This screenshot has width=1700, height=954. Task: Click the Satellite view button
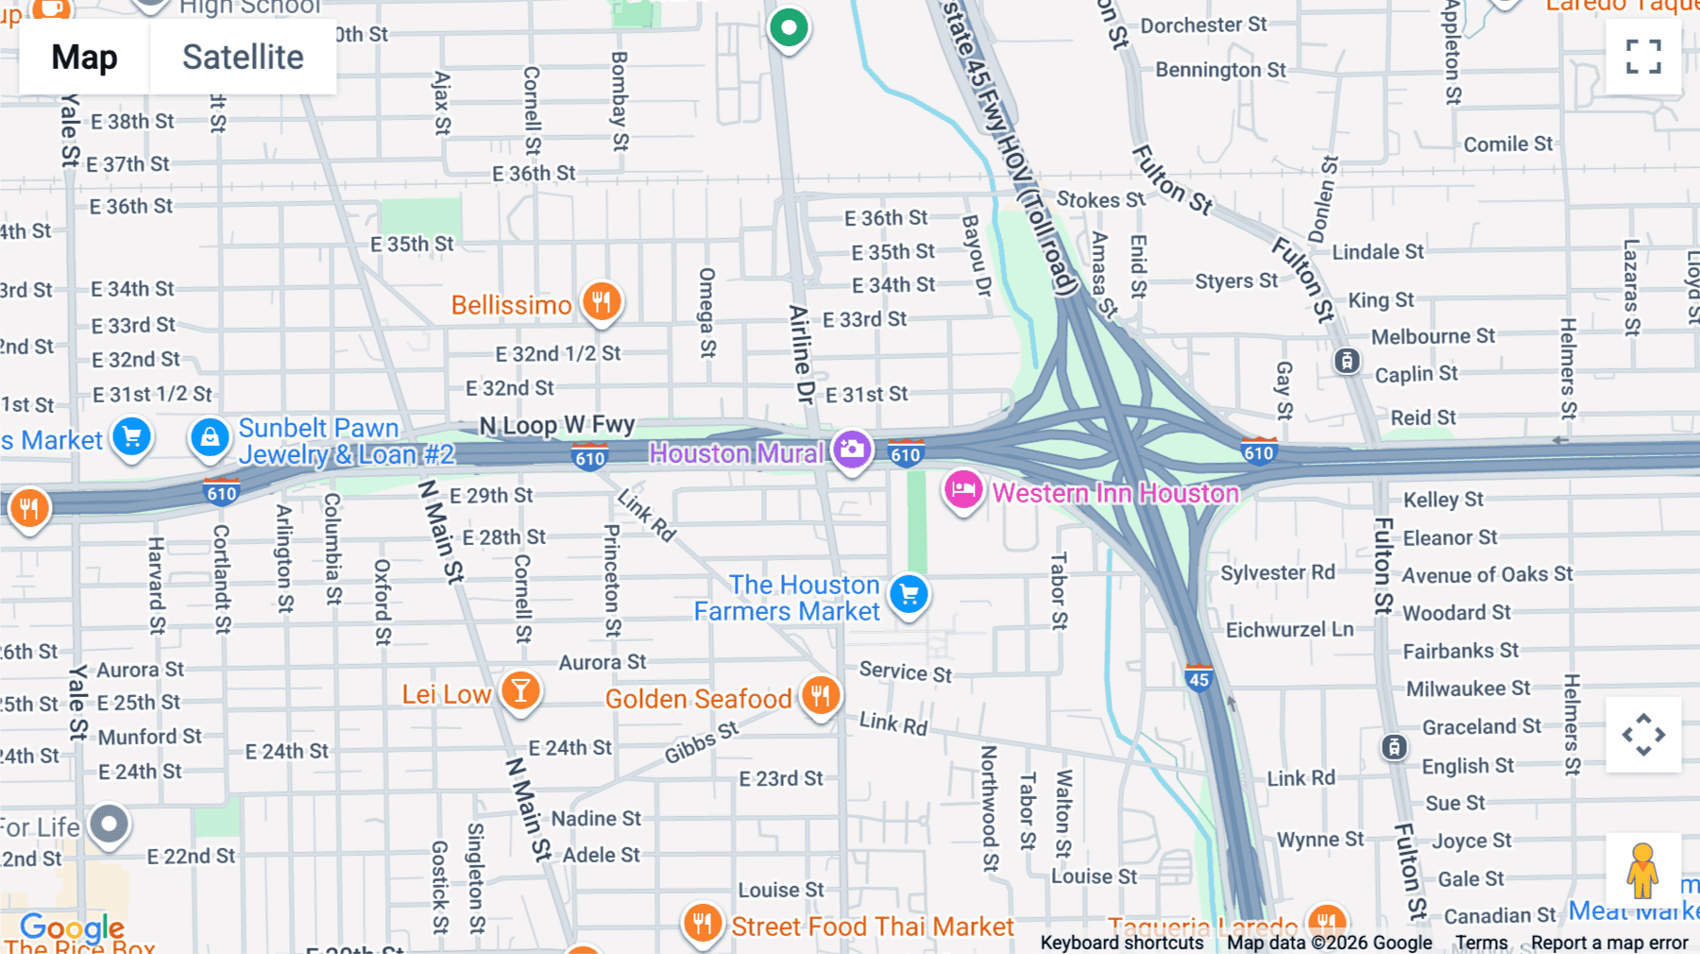243,58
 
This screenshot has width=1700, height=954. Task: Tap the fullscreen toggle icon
1643,57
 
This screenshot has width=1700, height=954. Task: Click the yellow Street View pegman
1642,871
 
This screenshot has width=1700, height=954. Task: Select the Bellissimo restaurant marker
602,302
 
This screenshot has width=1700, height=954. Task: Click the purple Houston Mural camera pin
852,451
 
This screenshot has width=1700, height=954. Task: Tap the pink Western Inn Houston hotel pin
962,490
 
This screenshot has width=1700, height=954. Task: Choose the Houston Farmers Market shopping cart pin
909,595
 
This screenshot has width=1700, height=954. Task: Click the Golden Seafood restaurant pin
820,696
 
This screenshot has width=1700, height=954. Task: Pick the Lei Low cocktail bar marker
519,692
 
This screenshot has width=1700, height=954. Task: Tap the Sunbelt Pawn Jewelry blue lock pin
210,438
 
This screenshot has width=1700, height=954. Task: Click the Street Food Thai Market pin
702,922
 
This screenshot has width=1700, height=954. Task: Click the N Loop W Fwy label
556,426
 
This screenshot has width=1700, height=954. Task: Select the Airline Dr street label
802,354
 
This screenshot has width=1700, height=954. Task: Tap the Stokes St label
1099,199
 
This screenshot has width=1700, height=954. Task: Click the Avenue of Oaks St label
1487,574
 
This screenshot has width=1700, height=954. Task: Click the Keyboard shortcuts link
1121,943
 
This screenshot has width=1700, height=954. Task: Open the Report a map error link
1608,943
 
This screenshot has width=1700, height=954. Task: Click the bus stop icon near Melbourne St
1346,361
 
